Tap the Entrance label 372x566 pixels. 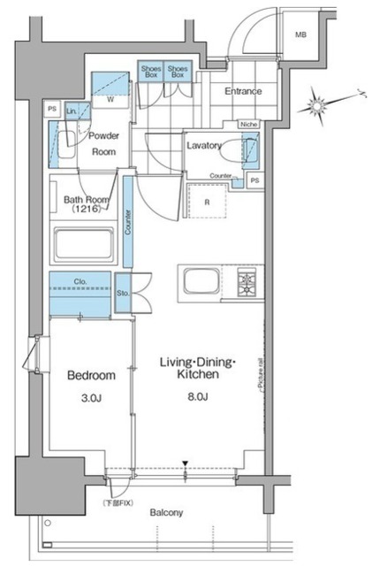(243, 91)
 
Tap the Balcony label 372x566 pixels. (166, 513)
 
